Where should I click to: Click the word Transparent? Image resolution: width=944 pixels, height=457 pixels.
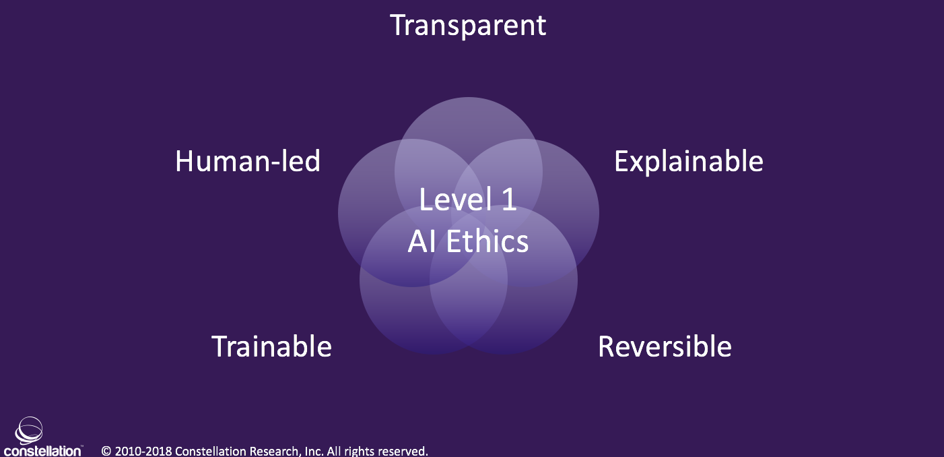[x=468, y=26]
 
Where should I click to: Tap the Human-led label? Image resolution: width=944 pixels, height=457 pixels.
[x=248, y=162]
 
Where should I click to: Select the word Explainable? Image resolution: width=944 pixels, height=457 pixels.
[x=689, y=162]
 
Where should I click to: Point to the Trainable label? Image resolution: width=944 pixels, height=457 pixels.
[x=271, y=346]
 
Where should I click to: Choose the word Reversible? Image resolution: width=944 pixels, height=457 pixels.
[x=665, y=346]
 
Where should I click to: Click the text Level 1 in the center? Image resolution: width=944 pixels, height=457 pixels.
[x=468, y=200]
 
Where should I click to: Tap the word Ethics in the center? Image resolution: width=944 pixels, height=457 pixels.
[x=487, y=241]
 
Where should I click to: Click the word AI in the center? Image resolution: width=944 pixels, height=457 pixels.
[x=422, y=241]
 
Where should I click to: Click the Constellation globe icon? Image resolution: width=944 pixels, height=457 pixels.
[x=29, y=430]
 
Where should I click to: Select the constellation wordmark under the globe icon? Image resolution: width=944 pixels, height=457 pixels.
[x=42, y=451]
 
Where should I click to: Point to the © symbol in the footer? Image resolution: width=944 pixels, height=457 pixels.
[x=106, y=451]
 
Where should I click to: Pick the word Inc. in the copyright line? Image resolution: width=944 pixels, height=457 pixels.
[x=312, y=451]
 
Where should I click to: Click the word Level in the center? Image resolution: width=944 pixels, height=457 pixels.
[x=452, y=200]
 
